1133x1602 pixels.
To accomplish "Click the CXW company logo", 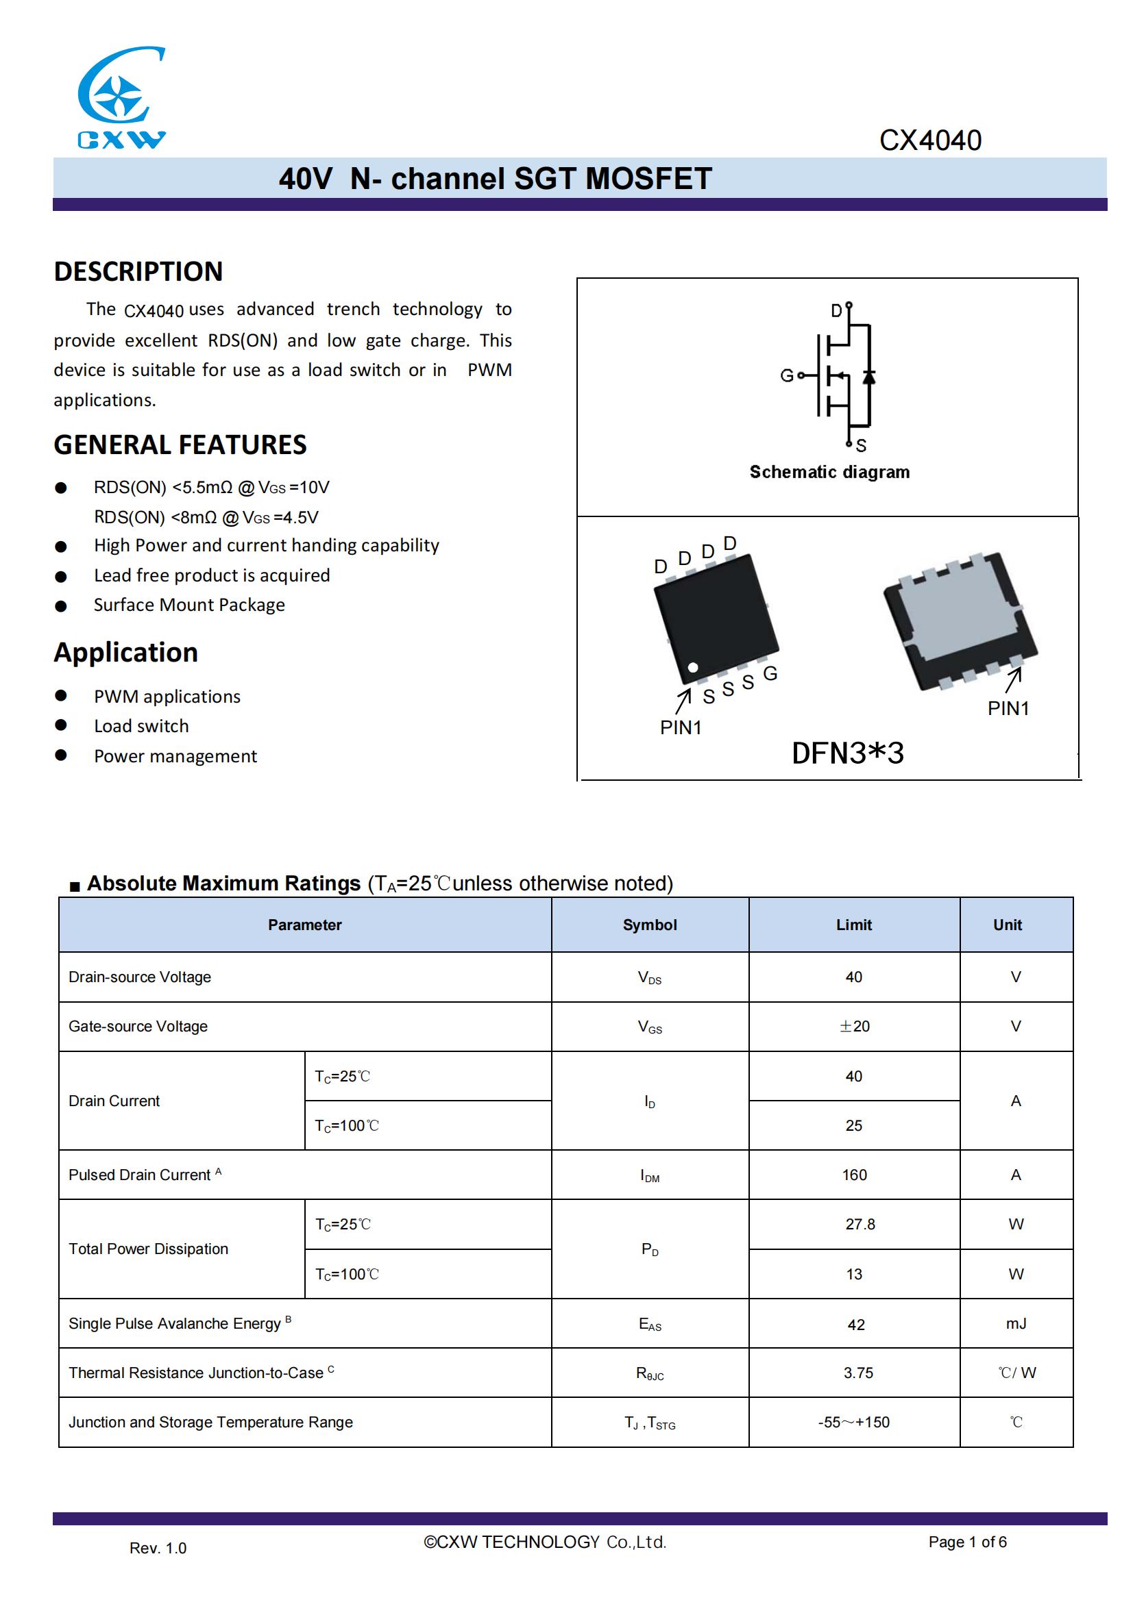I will pyautogui.click(x=121, y=98).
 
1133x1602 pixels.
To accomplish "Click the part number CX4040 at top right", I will pyautogui.click(x=930, y=140).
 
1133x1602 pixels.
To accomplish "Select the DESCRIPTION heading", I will pyautogui.click(x=138, y=271).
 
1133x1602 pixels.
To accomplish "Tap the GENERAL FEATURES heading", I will pyautogui.click(x=180, y=445).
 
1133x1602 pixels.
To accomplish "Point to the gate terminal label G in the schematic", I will pyautogui.click(x=786, y=375).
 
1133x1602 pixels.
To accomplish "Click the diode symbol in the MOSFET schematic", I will pyautogui.click(x=868, y=377).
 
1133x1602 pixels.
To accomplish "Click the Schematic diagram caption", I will pyautogui.click(x=829, y=473).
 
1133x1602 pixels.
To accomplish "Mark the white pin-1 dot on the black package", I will pyautogui.click(x=692, y=668).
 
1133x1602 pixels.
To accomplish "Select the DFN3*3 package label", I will pyautogui.click(x=847, y=753).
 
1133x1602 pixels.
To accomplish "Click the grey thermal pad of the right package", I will pyautogui.click(x=960, y=616).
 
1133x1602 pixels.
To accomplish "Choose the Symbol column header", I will pyautogui.click(x=649, y=925).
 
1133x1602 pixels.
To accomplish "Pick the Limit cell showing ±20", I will pyautogui.click(x=854, y=1027).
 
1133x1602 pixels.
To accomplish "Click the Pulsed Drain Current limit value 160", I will pyautogui.click(x=854, y=1175).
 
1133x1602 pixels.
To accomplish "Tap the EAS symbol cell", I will pyautogui.click(x=649, y=1325).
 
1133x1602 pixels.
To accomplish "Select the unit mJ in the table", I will pyautogui.click(x=1016, y=1324).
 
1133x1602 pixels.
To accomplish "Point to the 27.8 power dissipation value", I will pyautogui.click(x=860, y=1225).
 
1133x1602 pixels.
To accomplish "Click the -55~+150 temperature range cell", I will pyautogui.click(x=854, y=1423).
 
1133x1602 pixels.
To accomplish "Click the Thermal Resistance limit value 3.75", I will pyautogui.click(x=858, y=1373).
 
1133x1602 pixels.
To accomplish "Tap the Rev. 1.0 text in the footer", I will pyautogui.click(x=158, y=1549).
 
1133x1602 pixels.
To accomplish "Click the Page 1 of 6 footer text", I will pyautogui.click(x=967, y=1542).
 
